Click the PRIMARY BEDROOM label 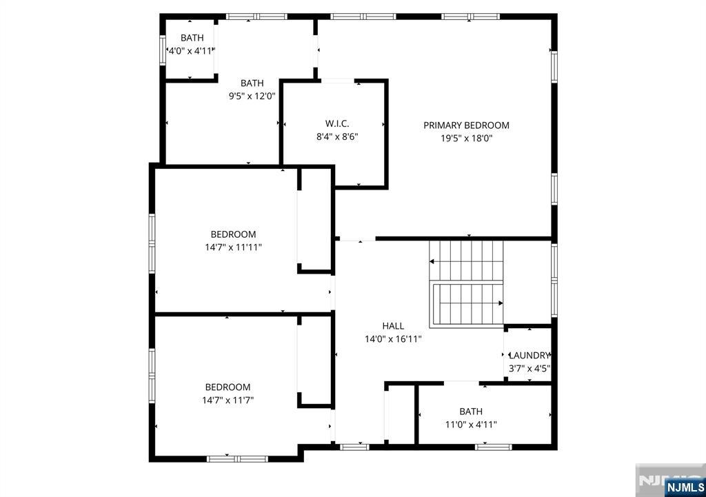[x=466, y=125]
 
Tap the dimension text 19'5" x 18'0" [x=467, y=138]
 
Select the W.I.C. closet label [x=336, y=124]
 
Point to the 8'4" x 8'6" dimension [x=336, y=136]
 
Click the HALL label [x=393, y=326]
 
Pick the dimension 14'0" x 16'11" [x=393, y=339]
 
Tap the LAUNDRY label [x=529, y=355]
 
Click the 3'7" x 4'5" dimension [x=529, y=368]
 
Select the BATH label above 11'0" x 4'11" [x=471, y=412]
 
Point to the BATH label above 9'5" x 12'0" [x=252, y=83]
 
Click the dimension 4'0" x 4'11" [x=192, y=51]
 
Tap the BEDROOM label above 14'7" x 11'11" [x=233, y=234]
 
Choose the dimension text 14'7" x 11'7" [x=228, y=400]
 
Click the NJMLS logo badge [x=685, y=487]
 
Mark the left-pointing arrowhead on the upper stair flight [x=432, y=261]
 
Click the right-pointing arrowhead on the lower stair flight [x=501, y=303]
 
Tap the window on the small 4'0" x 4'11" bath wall [x=163, y=50]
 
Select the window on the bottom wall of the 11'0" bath [x=494, y=447]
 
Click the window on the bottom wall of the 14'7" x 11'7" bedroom [x=237, y=459]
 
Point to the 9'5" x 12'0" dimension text [x=252, y=96]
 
